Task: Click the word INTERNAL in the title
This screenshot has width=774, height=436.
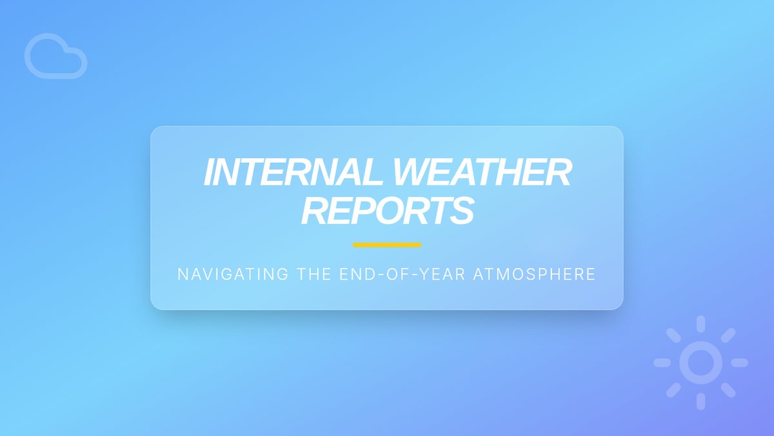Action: click(x=293, y=172)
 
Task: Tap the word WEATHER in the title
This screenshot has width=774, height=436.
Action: click(x=482, y=172)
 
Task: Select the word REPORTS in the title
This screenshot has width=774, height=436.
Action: click(x=388, y=210)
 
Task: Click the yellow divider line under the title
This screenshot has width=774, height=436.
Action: click(x=387, y=245)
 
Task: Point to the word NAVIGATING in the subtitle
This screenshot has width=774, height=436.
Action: click(x=233, y=274)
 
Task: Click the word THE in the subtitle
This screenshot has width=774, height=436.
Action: click(x=314, y=274)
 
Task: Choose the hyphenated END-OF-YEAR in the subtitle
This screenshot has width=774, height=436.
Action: click(x=402, y=274)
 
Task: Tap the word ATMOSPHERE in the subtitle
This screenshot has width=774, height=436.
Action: click(x=534, y=274)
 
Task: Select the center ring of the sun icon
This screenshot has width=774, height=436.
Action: click(x=680, y=362)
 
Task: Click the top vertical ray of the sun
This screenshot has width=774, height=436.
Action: click(x=700, y=324)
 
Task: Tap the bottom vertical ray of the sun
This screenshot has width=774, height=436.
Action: click(x=700, y=401)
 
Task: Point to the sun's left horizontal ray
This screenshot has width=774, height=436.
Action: click(x=662, y=362)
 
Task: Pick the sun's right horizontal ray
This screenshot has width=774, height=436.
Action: click(x=739, y=362)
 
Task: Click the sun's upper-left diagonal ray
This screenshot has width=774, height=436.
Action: click(x=673, y=335)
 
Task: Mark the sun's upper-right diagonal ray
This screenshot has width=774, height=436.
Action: click(x=728, y=335)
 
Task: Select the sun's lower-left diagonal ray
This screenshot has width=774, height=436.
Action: click(x=673, y=390)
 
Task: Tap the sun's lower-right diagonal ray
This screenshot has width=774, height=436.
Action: click(x=728, y=390)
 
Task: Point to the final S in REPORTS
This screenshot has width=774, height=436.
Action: click(x=462, y=210)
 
